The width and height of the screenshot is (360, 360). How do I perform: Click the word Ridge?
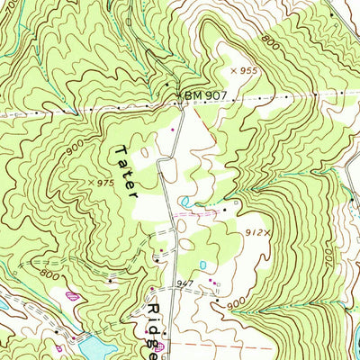pyautogui.click(x=151, y=322)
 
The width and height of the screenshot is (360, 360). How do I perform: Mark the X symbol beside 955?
pyautogui.click(x=232, y=69)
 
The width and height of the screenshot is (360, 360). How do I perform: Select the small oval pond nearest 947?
pyautogui.click(x=202, y=265)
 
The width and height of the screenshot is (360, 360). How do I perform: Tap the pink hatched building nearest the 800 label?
pyautogui.click(x=72, y=292)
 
